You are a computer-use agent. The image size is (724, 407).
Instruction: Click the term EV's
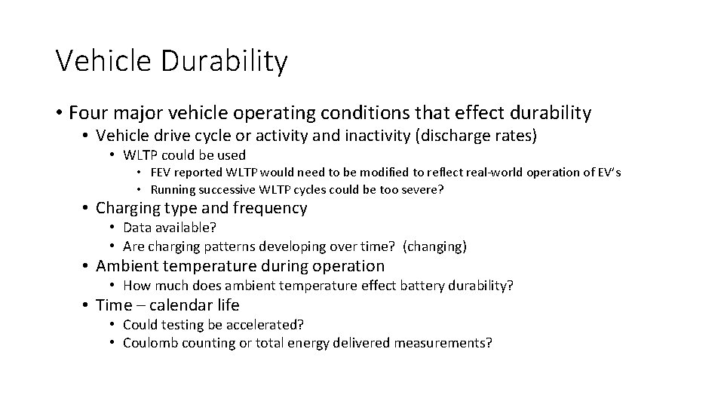606,173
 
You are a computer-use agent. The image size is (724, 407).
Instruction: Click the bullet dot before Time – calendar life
87,305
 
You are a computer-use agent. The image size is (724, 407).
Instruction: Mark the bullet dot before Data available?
111,228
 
